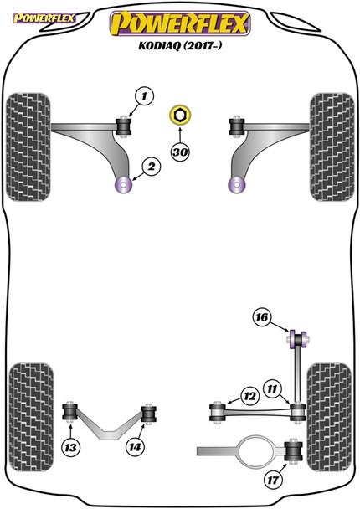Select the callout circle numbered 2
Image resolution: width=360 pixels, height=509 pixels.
point(152,168)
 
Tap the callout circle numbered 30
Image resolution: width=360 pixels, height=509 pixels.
point(179,152)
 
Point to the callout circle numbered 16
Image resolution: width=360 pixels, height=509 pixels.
point(262,317)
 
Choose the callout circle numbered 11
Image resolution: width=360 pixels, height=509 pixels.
point(272,389)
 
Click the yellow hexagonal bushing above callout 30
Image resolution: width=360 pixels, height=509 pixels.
point(179,116)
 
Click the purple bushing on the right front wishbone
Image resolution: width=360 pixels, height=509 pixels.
point(234,183)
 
